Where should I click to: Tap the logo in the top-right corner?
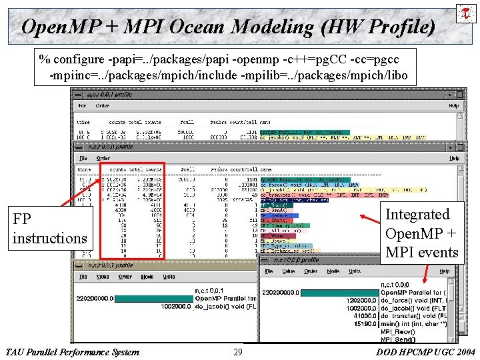click(x=465, y=13)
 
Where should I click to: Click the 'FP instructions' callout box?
click(x=50, y=229)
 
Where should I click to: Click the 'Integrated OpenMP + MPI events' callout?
click(x=422, y=233)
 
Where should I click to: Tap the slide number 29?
click(x=238, y=352)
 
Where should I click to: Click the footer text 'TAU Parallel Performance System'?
click(x=72, y=352)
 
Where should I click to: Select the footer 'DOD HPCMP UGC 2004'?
click(x=425, y=352)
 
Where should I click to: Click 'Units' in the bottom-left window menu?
click(x=169, y=277)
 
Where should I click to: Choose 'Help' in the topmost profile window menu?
click(x=453, y=105)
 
